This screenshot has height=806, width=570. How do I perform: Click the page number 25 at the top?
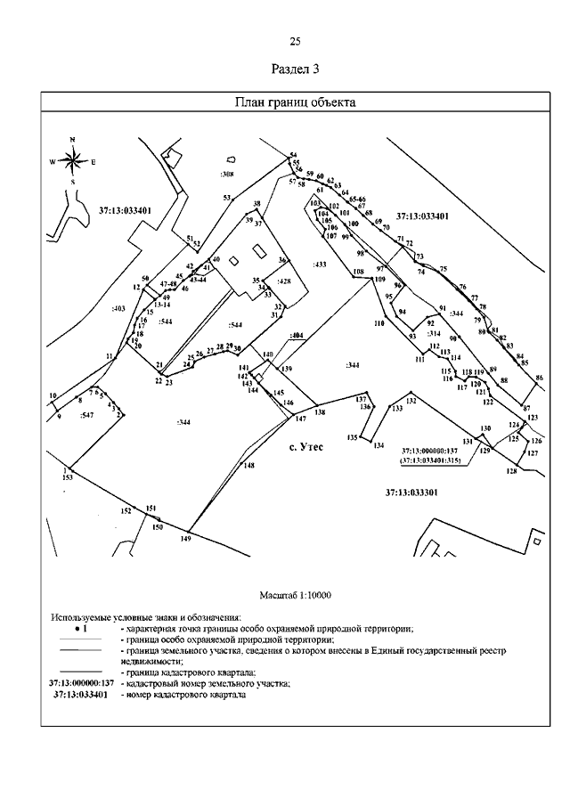click(x=295, y=42)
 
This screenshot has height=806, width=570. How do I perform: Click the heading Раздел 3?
click(x=294, y=69)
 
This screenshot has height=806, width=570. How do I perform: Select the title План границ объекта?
click(x=294, y=102)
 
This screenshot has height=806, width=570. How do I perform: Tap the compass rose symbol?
click(x=73, y=161)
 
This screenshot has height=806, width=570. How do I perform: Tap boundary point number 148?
click(x=249, y=465)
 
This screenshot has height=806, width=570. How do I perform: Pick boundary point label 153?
click(x=67, y=478)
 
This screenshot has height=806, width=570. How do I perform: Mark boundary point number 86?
click(x=539, y=379)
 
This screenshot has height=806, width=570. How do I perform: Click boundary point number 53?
click(x=226, y=197)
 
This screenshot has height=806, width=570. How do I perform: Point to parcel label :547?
click(x=86, y=416)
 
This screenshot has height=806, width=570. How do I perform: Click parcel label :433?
click(x=321, y=265)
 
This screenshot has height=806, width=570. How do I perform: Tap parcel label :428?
click(x=284, y=281)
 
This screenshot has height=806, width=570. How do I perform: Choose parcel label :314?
click(x=434, y=333)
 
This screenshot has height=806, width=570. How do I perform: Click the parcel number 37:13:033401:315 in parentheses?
click(x=429, y=461)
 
